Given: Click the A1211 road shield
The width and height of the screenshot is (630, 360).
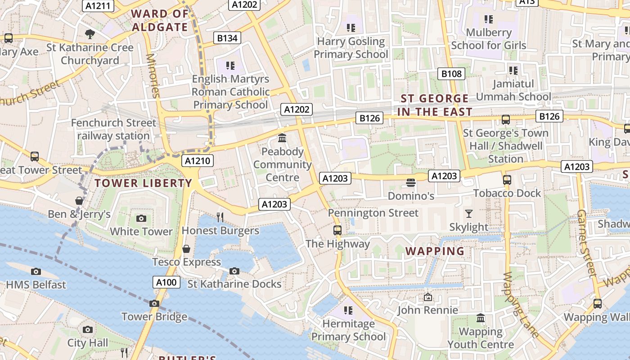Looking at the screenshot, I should (98, 6).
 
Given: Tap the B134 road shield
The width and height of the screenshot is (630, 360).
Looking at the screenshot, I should (227, 38).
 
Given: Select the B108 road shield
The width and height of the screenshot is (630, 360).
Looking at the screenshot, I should (451, 74).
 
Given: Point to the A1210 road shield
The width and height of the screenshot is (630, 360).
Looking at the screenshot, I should (198, 161).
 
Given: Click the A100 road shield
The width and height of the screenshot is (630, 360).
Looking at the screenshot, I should (166, 282).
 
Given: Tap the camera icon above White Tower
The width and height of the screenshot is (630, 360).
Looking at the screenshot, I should (141, 219).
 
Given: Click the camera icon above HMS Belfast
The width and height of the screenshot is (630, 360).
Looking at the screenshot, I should (36, 271).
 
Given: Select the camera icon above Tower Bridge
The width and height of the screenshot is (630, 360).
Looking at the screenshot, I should (154, 303).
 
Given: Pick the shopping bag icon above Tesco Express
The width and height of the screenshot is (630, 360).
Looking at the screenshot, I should (186, 249).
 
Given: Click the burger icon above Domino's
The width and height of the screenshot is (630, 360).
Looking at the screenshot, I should (410, 183).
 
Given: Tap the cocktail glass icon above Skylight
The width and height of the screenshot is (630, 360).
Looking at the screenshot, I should (469, 214).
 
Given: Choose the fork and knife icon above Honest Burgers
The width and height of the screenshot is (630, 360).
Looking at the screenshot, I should (220, 217).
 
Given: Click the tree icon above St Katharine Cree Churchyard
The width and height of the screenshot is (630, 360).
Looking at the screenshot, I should (90, 34).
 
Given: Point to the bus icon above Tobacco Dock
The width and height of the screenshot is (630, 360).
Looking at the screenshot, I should (507, 180).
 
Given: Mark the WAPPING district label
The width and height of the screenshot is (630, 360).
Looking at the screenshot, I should (435, 251).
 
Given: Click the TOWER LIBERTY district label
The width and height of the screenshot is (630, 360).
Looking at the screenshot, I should (144, 183).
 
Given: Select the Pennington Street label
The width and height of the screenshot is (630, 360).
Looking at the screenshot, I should (373, 213).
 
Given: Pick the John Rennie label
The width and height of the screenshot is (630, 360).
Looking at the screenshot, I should (427, 310).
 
